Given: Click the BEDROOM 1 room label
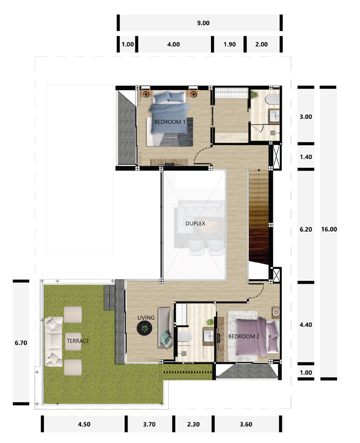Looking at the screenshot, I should point(170,122).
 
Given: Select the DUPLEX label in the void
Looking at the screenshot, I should point(196,224).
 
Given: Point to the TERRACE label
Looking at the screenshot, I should point(78,341).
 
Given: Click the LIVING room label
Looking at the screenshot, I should point(146,318).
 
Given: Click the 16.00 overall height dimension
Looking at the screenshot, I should point(328,230).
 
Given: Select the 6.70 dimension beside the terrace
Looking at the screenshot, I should point(21,342).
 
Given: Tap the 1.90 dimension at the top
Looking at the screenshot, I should point(229,44).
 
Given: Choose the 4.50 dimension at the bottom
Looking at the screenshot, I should point(83,424).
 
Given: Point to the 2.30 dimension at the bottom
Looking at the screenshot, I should point(194,424).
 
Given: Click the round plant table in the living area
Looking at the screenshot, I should point(145,330).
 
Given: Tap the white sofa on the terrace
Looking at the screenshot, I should point(53,341).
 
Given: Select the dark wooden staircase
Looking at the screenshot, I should point(258,223).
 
